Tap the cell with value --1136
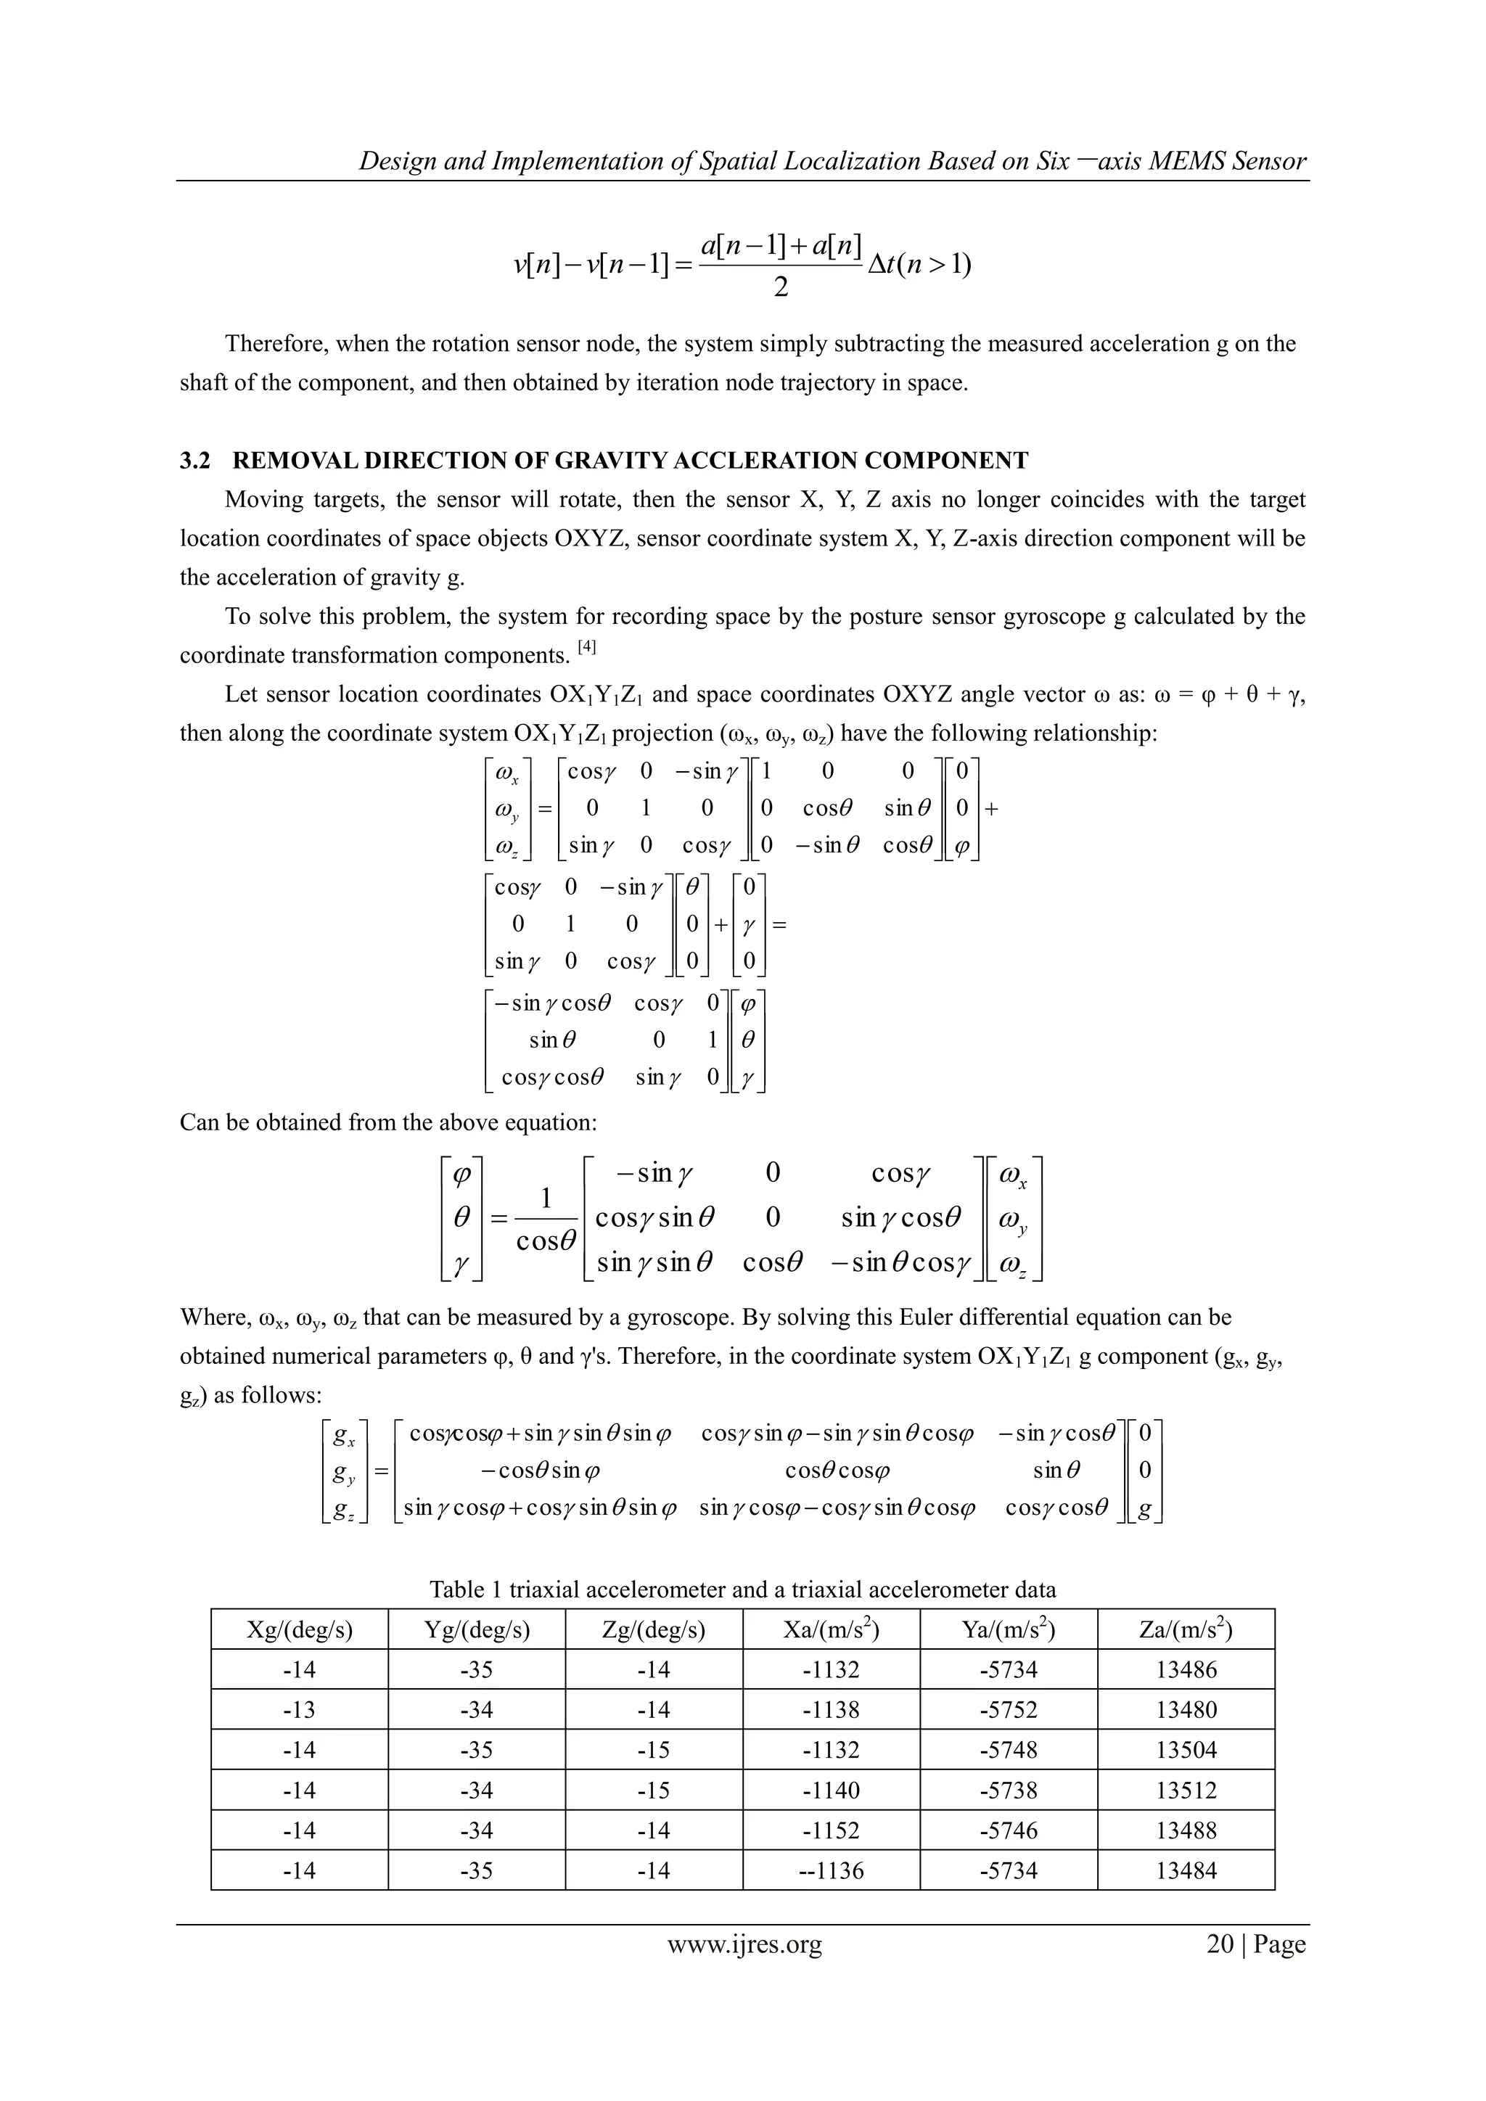[831, 1870]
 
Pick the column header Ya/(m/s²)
[1009, 1629]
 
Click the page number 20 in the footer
[1220, 1944]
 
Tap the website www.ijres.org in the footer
[744, 1944]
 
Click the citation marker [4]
[586, 648]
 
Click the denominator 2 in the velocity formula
[781, 288]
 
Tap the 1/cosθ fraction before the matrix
[546, 1218]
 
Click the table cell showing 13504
[1186, 1750]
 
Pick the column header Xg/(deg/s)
[299, 1629]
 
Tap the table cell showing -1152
[831, 1830]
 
